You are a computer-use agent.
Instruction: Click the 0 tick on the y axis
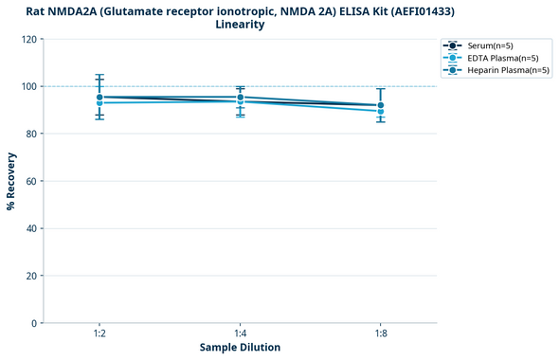pyautogui.click(x=34, y=323)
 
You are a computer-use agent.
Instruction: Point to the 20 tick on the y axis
pyautogui.click(x=31, y=276)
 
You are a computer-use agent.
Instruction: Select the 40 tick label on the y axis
pyautogui.click(x=31, y=228)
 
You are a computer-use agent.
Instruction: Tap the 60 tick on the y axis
pyautogui.click(x=31, y=181)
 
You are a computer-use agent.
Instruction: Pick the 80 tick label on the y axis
pyautogui.click(x=31, y=134)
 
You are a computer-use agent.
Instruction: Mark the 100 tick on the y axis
pyautogui.click(x=28, y=86)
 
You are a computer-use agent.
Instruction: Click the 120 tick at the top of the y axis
pyautogui.click(x=28, y=39)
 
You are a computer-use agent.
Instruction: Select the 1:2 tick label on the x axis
pyautogui.click(x=99, y=333)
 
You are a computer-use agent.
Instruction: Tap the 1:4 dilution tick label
pyautogui.click(x=240, y=333)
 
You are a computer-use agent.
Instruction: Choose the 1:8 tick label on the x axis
pyautogui.click(x=380, y=333)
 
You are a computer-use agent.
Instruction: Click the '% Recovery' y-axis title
pyautogui.click(x=11, y=181)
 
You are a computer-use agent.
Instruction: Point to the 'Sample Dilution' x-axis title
pyautogui.click(x=240, y=348)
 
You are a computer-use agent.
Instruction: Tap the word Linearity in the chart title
pyautogui.click(x=240, y=25)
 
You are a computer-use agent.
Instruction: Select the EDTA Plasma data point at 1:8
pyautogui.click(x=380, y=111)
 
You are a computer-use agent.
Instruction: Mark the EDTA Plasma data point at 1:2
pyautogui.click(x=99, y=102)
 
